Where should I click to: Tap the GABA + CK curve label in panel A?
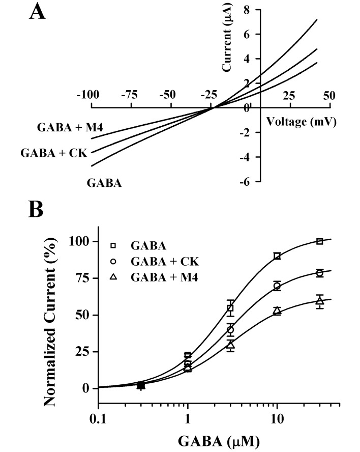53,152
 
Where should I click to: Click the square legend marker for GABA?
114,246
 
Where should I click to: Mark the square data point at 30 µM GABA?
319,241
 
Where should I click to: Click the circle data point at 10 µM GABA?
277,286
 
